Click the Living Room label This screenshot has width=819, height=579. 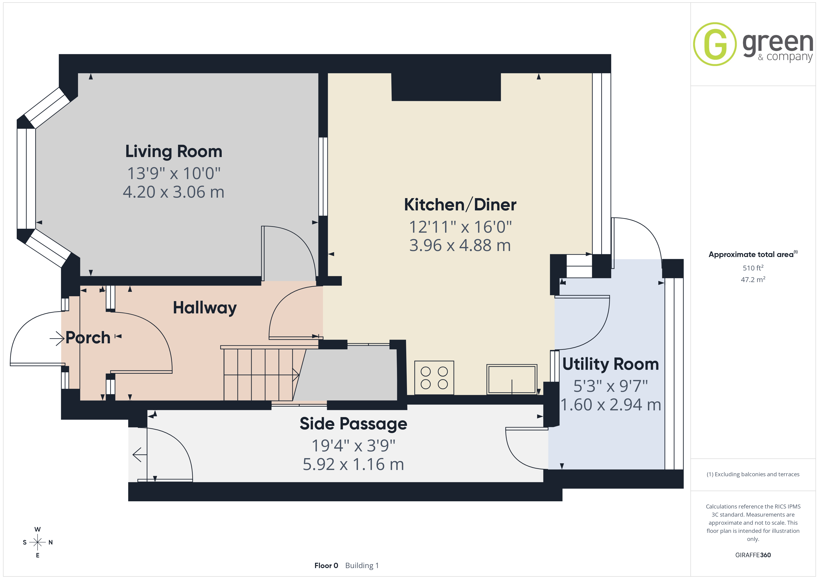174,151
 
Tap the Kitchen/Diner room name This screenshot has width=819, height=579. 460,205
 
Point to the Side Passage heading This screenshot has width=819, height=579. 353,424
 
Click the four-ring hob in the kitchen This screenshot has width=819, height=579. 434,378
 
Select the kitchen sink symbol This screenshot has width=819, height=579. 511,379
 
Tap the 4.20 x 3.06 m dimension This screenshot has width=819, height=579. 174,192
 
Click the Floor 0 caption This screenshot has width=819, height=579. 326,566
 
